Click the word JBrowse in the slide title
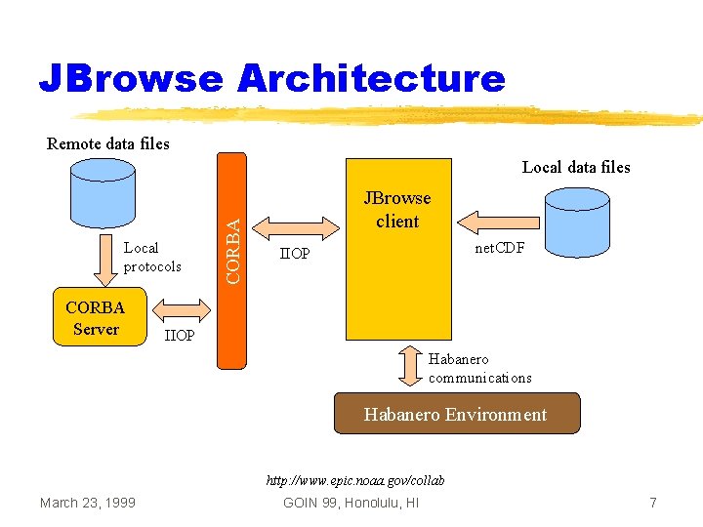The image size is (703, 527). click(x=131, y=78)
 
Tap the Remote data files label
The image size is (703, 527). click(x=108, y=143)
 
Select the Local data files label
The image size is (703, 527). click(x=576, y=167)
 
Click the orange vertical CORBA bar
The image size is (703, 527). click(x=232, y=261)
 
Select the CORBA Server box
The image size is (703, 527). click(x=95, y=318)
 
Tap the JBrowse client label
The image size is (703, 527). click(x=396, y=210)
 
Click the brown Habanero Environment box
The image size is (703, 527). click(x=456, y=414)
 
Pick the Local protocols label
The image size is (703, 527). click(x=152, y=258)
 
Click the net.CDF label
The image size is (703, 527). click(x=499, y=248)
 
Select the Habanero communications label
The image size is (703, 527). click(x=479, y=368)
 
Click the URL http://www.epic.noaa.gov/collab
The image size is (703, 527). click(x=356, y=480)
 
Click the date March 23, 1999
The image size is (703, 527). click(x=88, y=502)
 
